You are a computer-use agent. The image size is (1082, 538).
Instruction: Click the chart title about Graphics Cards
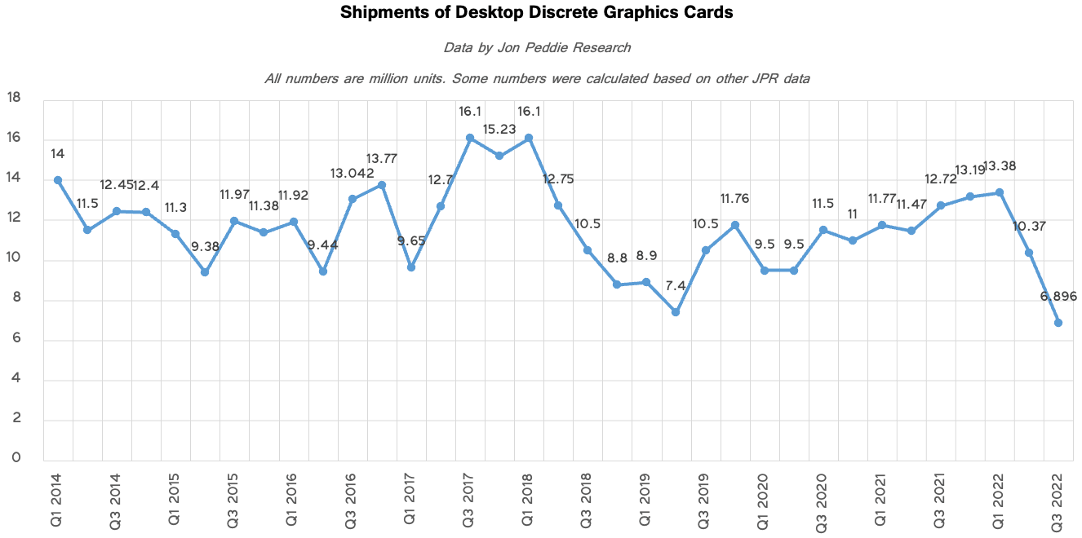(x=536, y=13)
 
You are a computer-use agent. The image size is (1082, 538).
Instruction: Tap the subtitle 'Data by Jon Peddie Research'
(x=536, y=47)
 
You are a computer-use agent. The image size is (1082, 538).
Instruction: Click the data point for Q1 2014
(x=58, y=180)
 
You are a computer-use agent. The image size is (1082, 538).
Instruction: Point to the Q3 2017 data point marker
(x=470, y=138)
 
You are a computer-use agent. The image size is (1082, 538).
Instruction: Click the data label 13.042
(x=353, y=173)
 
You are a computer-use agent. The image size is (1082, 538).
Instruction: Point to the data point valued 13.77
(x=381, y=185)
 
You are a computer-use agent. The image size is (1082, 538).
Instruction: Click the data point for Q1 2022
(x=1000, y=192)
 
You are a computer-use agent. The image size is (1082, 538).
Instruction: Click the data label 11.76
(x=734, y=198)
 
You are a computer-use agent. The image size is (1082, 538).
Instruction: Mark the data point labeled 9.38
(x=205, y=272)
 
